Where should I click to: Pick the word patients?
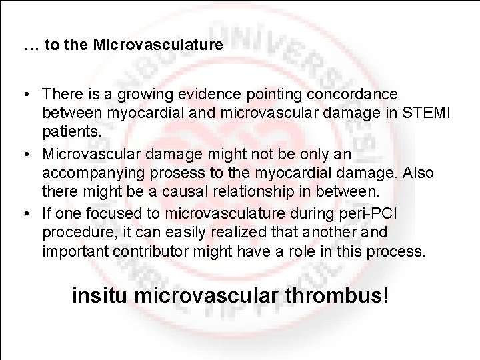[x=72, y=133]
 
